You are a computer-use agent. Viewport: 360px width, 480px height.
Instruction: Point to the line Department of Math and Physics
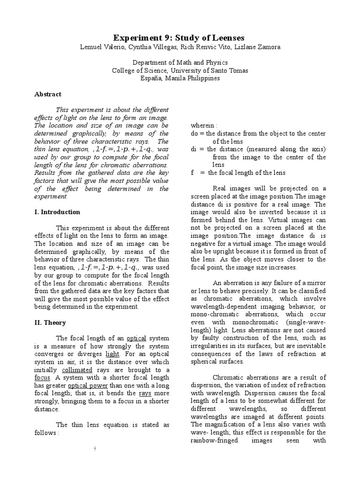point(180,63)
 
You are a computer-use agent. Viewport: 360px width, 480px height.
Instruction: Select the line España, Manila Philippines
point(180,78)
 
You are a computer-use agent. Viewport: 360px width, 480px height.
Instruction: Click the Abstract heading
point(48,94)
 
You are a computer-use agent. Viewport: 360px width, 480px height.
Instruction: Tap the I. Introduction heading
point(57,212)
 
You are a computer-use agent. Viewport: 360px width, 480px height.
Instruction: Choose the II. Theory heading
point(50,322)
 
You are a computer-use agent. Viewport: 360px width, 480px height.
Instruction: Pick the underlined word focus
point(43,377)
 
